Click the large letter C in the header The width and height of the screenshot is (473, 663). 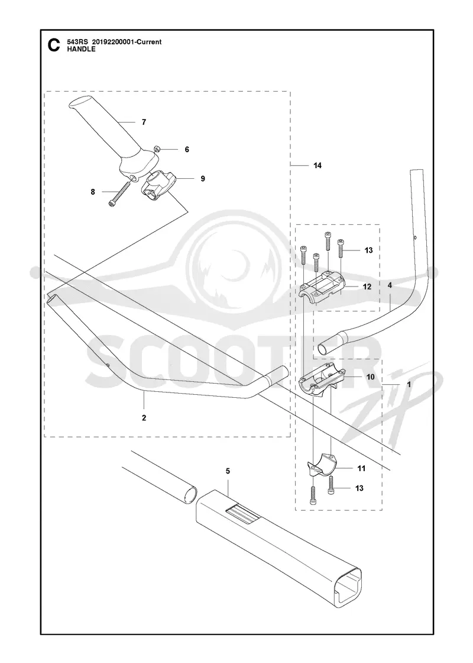pyautogui.click(x=54, y=45)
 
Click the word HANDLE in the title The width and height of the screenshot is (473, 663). pyautogui.click(x=81, y=49)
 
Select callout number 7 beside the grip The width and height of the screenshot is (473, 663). pyautogui.click(x=144, y=122)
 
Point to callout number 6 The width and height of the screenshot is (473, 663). pyautogui.click(x=187, y=150)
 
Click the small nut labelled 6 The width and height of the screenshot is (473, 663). pyautogui.click(x=156, y=149)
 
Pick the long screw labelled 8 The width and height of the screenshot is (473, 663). pyautogui.click(x=119, y=194)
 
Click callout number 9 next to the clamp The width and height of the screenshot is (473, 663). pyautogui.click(x=203, y=179)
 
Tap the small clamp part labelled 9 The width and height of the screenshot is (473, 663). pyautogui.click(x=155, y=185)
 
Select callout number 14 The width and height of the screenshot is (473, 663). pyautogui.click(x=318, y=166)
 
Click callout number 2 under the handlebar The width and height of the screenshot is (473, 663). pyautogui.click(x=144, y=418)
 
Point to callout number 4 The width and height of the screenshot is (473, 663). pyautogui.click(x=390, y=286)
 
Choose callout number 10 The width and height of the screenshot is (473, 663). pyautogui.click(x=370, y=376)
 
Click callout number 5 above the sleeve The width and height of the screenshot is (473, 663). pyautogui.click(x=228, y=471)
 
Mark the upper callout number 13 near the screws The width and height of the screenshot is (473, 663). pyautogui.click(x=369, y=250)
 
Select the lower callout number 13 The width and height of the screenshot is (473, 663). pyautogui.click(x=359, y=488)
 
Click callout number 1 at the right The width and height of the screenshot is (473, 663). pyautogui.click(x=409, y=385)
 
